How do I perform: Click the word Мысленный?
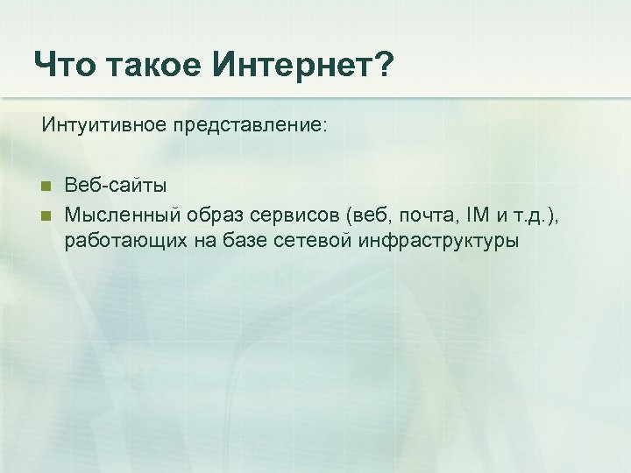point(122,213)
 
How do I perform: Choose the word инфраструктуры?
point(438,240)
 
